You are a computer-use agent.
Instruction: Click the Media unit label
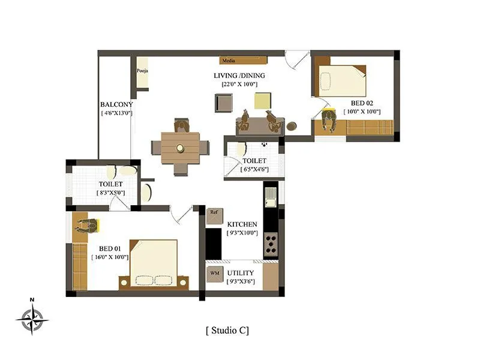pos(228,61)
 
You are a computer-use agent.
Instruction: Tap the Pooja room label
pos(142,71)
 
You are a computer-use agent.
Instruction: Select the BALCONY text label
pos(116,104)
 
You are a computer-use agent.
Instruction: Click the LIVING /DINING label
pos(239,76)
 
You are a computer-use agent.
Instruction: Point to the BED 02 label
pos(362,102)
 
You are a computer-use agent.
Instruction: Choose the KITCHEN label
pos(242,224)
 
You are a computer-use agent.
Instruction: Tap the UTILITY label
pos(240,273)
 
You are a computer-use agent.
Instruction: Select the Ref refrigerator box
pos(214,212)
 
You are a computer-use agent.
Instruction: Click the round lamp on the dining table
pos(179,148)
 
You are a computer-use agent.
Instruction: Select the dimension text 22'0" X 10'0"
pos(239,84)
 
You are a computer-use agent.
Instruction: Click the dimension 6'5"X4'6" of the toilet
pos(254,170)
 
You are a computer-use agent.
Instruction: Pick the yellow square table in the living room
pos(262,100)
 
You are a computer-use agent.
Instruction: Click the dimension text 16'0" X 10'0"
pos(110,257)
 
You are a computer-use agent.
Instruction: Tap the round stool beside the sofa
pos(292,126)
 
